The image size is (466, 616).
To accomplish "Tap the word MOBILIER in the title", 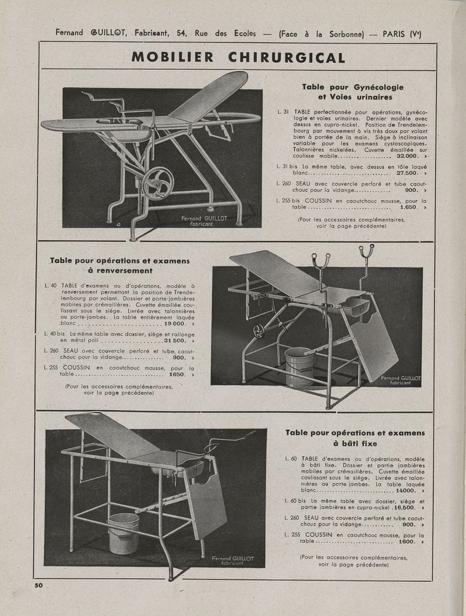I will click(172, 58).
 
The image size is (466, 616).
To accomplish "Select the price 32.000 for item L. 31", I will click(407, 156).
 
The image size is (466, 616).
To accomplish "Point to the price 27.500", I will click(407, 173).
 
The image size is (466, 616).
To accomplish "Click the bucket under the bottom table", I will click(123, 533).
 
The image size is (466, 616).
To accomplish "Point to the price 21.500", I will click(176, 340).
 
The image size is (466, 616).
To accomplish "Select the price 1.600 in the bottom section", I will click(407, 542).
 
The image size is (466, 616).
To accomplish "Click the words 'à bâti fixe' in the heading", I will click(355, 444).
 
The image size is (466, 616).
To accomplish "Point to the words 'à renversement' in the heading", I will click(120, 271).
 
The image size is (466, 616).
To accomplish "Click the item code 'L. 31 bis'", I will click(289, 166).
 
